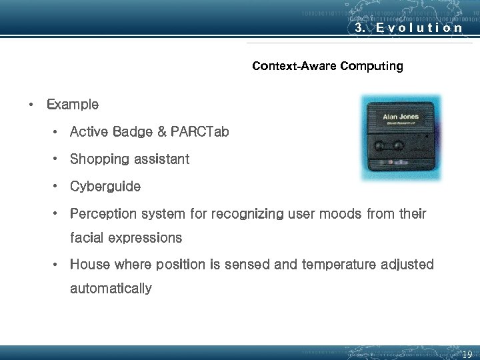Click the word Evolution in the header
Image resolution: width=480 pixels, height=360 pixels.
419,29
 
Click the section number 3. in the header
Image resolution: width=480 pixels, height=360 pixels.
360,29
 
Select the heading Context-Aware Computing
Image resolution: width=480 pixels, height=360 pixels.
327,66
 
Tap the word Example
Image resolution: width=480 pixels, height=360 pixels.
73,105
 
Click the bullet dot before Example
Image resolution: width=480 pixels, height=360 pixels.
31,105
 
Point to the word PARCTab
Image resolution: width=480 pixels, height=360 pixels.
199,132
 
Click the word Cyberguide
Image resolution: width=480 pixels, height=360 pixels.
105,187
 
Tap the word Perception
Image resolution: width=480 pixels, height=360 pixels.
106,214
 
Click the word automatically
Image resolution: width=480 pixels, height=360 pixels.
111,289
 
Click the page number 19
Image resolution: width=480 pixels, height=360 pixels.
467,354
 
